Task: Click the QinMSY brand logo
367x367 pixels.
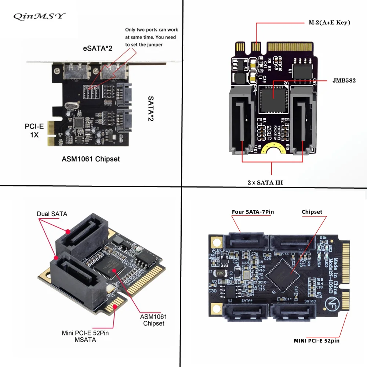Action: point(39,16)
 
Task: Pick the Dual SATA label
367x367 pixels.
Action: point(52,214)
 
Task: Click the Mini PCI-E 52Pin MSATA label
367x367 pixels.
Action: point(85,337)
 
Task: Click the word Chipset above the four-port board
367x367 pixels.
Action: point(312,212)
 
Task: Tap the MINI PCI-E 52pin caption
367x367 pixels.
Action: point(316,341)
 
